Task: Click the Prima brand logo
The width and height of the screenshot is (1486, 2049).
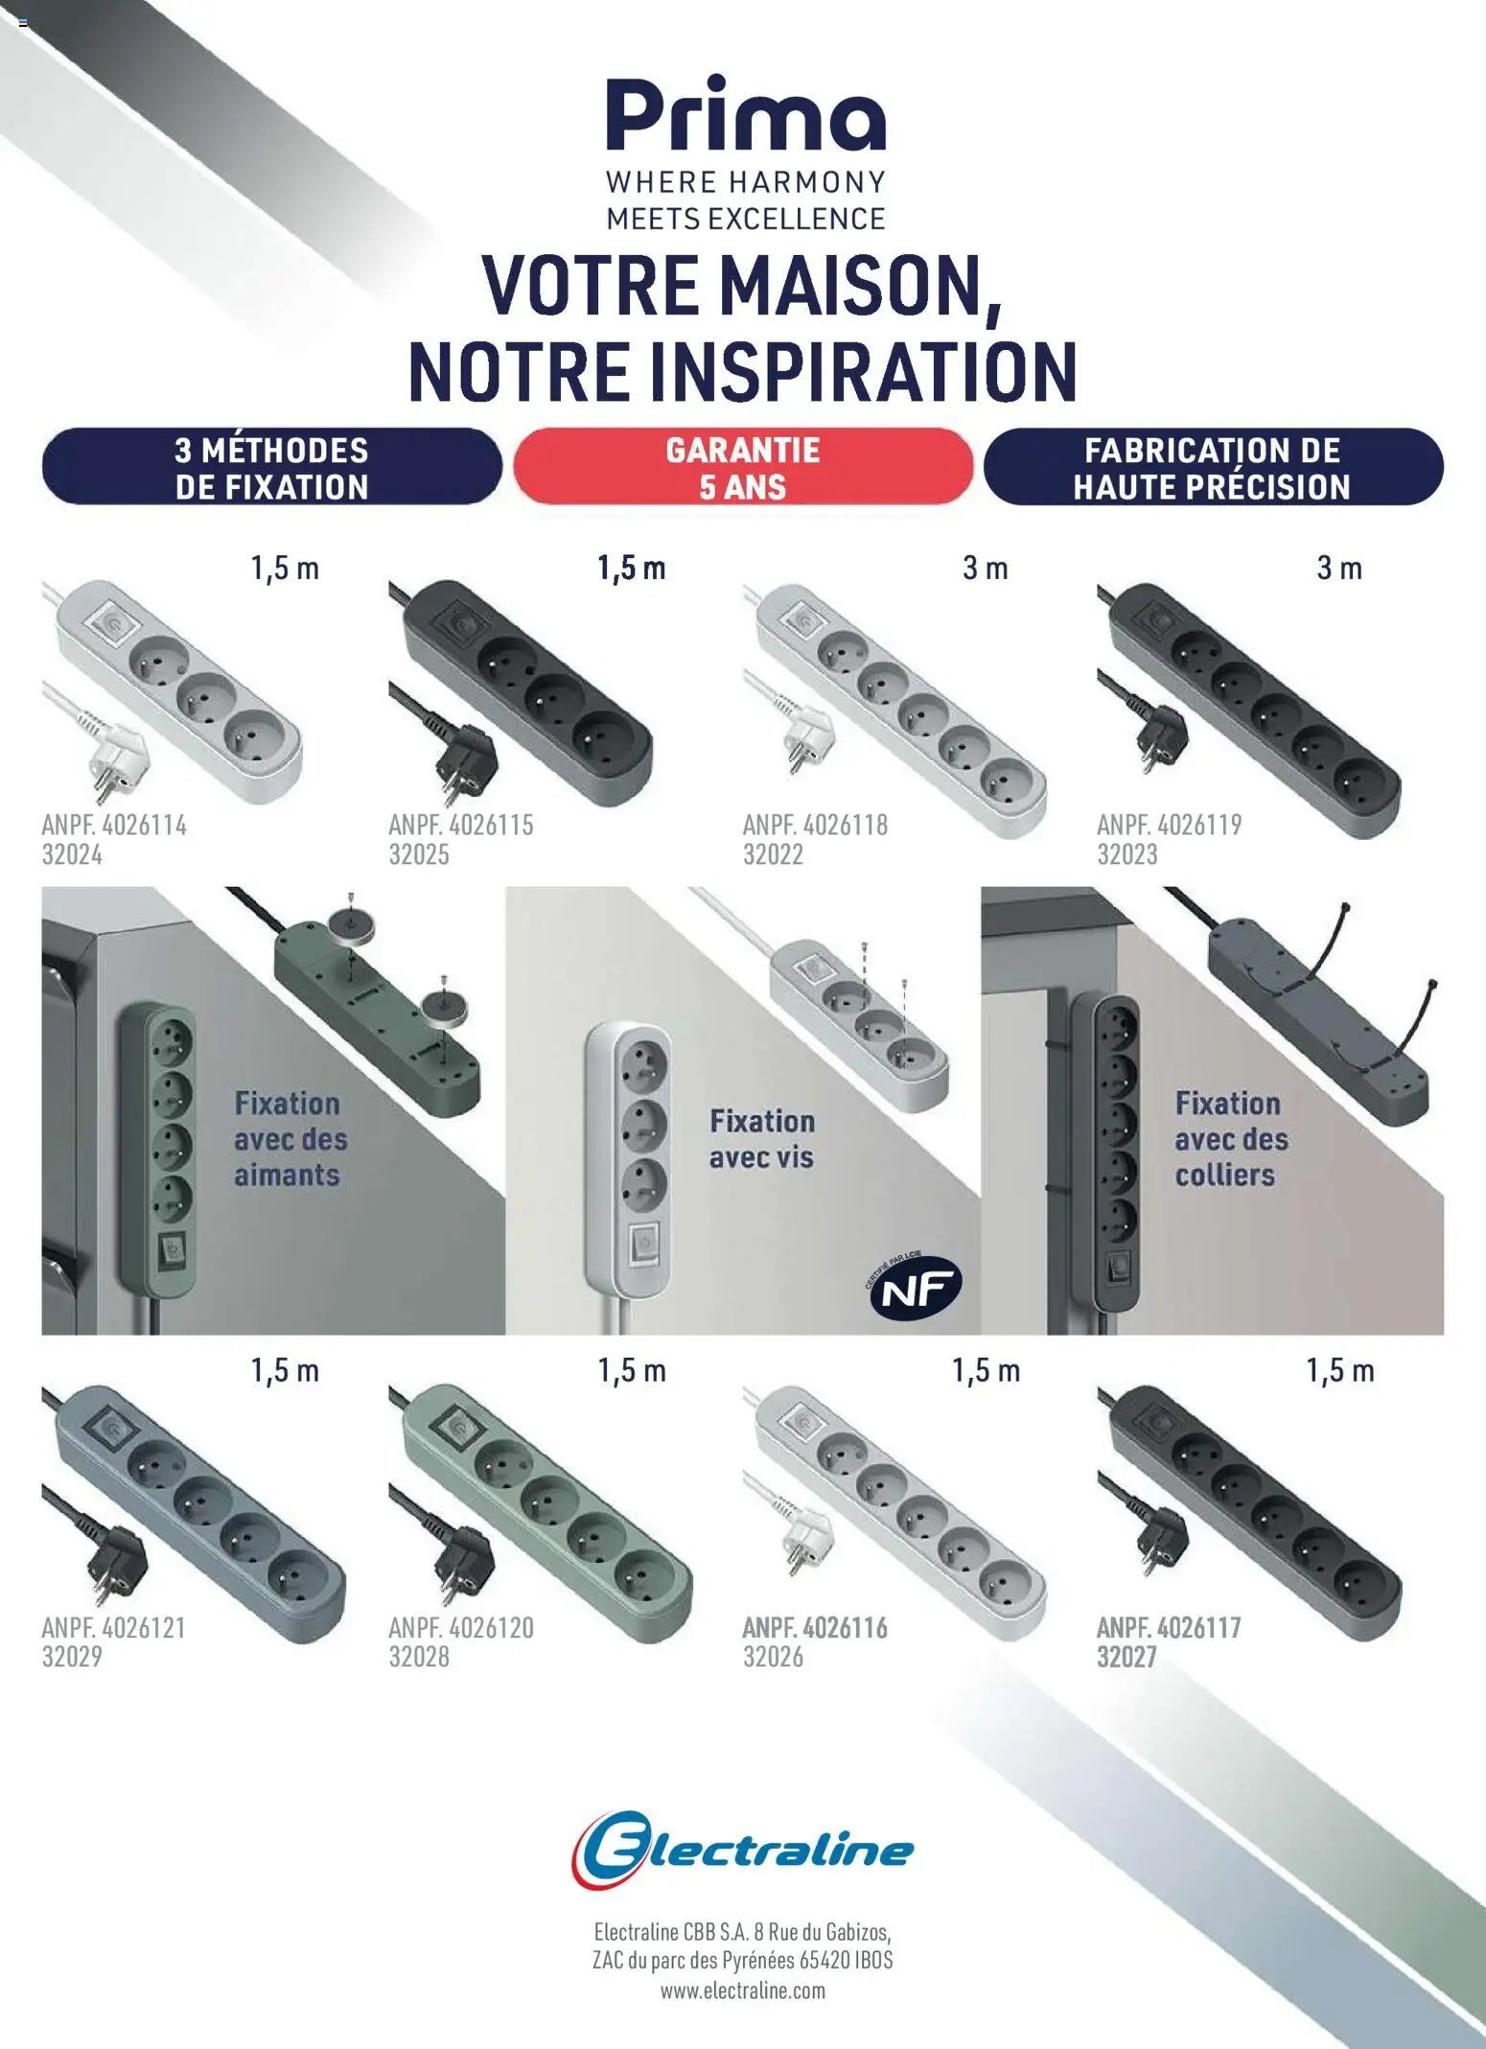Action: pos(745,114)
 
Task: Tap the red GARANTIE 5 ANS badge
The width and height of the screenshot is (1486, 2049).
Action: pos(743,467)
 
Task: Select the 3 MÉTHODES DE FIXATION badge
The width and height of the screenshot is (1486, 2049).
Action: pos(271,467)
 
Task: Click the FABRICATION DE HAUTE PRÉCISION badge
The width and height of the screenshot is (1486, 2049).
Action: pos(1212,467)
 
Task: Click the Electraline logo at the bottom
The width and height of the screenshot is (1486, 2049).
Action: pos(743,1850)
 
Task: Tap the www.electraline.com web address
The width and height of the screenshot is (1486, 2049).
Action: pos(742,1991)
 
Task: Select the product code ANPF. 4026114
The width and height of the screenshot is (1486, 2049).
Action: pos(114,825)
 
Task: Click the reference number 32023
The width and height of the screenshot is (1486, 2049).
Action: pos(1126,854)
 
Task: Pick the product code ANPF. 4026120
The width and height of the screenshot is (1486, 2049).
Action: pos(460,1627)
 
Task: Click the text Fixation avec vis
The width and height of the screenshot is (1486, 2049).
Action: pos(762,1138)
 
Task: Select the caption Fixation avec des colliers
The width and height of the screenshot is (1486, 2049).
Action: pos(1231,1138)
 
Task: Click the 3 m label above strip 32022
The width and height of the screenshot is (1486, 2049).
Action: pos(985,569)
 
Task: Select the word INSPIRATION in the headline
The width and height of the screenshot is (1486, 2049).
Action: pos(864,372)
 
